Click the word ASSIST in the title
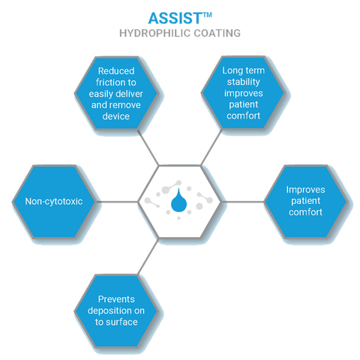click(x=175, y=18)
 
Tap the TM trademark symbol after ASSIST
click(x=207, y=15)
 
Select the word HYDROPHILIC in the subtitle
click(x=155, y=33)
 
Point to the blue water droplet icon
click(x=178, y=200)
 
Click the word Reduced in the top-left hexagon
click(x=116, y=71)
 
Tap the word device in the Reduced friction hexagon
click(x=116, y=116)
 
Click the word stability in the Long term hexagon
click(x=244, y=82)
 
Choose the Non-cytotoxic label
click(x=54, y=202)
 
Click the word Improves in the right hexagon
click(x=305, y=190)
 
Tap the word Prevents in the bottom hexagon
click(x=116, y=299)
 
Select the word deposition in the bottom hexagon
click(x=108, y=310)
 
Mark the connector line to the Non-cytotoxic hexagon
click(x=117, y=202)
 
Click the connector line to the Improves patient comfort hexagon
click(x=243, y=202)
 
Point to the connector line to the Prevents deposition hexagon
click(x=148, y=256)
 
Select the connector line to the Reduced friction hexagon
click(x=148, y=148)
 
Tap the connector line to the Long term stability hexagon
click(x=211, y=148)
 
